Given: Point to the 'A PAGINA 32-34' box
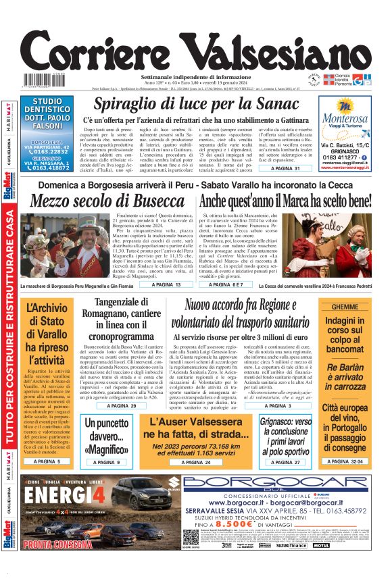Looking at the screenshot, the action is [345, 461].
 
